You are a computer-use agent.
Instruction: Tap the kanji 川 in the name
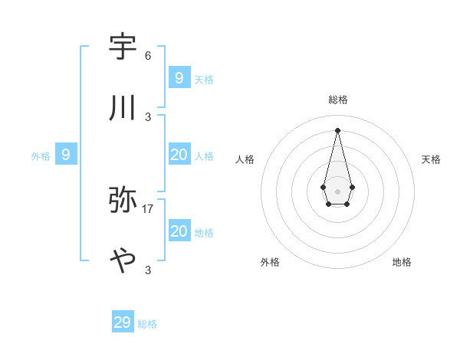(x=123, y=109)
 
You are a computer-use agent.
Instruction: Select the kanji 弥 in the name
(x=123, y=201)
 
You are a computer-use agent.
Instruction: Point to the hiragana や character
(x=123, y=261)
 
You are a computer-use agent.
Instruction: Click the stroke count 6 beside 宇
(x=148, y=56)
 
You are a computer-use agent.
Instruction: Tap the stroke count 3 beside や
(x=148, y=270)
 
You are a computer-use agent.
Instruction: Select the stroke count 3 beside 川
(x=148, y=117)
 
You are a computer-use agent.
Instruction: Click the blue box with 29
(x=123, y=322)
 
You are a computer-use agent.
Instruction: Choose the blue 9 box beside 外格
(x=66, y=155)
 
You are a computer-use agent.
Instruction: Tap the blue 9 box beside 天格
(x=179, y=78)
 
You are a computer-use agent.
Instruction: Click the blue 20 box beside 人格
(x=179, y=155)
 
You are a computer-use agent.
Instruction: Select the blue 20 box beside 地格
(x=179, y=231)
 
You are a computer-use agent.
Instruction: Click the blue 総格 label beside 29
(x=147, y=324)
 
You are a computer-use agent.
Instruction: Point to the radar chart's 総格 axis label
(x=338, y=100)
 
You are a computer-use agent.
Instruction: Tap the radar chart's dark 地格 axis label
(x=402, y=262)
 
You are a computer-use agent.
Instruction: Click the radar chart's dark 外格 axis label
(x=270, y=262)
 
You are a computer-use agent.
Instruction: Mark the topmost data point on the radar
(x=337, y=130)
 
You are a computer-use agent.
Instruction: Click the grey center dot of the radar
(x=337, y=191)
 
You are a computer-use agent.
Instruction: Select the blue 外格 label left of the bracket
(x=41, y=156)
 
